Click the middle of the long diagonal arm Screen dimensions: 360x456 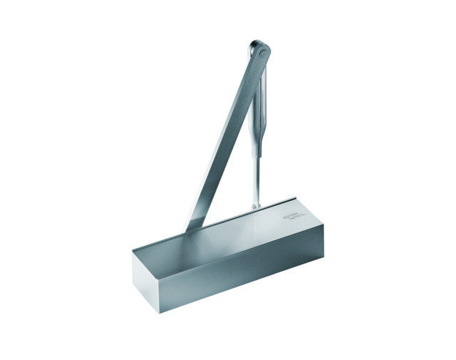[x=227, y=135]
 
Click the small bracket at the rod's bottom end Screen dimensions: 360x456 [x=256, y=207]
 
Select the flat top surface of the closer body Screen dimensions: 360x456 [x=228, y=235]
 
